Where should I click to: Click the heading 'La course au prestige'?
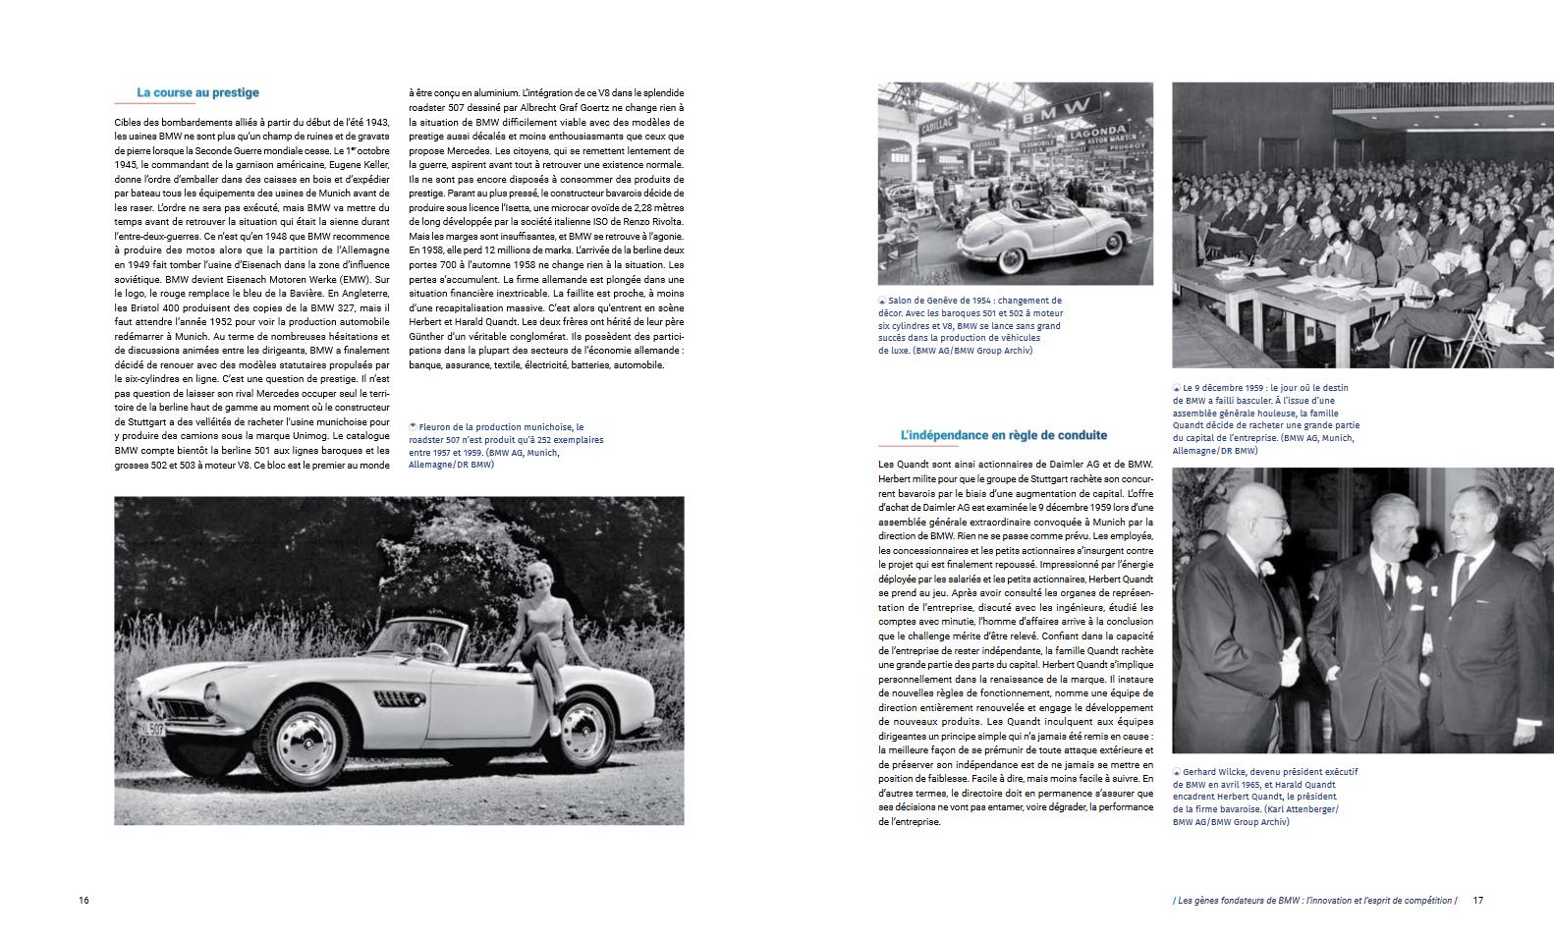(197, 92)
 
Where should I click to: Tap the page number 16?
(83, 901)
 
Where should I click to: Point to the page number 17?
(1477, 901)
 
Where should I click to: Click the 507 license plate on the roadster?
(148, 728)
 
